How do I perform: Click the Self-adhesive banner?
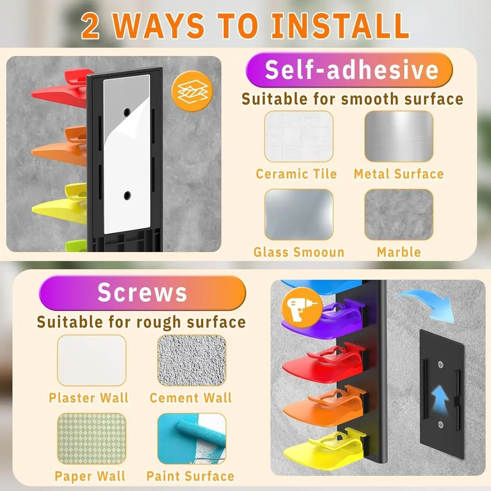pyautogui.click(x=349, y=70)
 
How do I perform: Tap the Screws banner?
pyautogui.click(x=142, y=293)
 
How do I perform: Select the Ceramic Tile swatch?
pyautogui.click(x=299, y=136)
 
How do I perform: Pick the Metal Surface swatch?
pyautogui.click(x=399, y=136)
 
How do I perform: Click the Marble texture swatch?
pyautogui.click(x=399, y=214)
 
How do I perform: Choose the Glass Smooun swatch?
pyautogui.click(x=299, y=214)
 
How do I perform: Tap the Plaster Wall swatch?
pyautogui.click(x=92, y=360)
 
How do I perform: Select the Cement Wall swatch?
pyautogui.click(x=191, y=360)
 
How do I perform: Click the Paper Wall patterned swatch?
pyautogui.click(x=92, y=439)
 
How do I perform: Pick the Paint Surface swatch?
pyautogui.click(x=191, y=439)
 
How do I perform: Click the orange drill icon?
pyautogui.click(x=302, y=307)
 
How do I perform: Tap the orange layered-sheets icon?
pyautogui.click(x=192, y=91)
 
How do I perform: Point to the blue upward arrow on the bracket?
pyautogui.click(x=440, y=399)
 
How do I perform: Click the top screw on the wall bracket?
pyautogui.click(x=441, y=365)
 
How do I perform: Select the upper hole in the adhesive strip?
pyautogui.click(x=127, y=112)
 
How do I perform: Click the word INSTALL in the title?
pyautogui.click(x=340, y=26)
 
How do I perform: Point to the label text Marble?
pyautogui.click(x=399, y=252)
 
